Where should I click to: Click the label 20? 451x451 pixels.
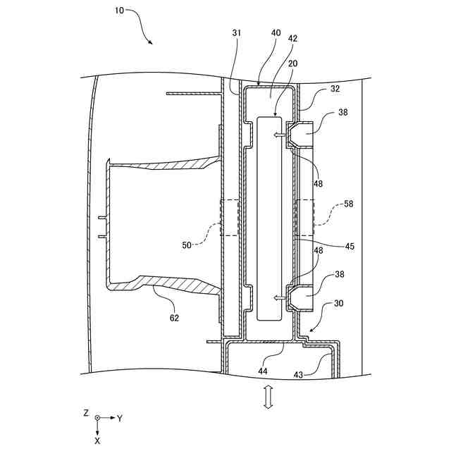coord(292,63)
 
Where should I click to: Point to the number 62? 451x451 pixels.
coord(174,318)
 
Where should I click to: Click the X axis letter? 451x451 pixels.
coord(97,440)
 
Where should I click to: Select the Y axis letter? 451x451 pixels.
coord(120,418)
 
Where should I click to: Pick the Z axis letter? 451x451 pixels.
coord(85,414)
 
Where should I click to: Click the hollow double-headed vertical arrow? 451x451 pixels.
coord(268,397)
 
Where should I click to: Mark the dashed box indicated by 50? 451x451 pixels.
coord(230,218)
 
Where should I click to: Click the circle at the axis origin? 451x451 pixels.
coord(97,418)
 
